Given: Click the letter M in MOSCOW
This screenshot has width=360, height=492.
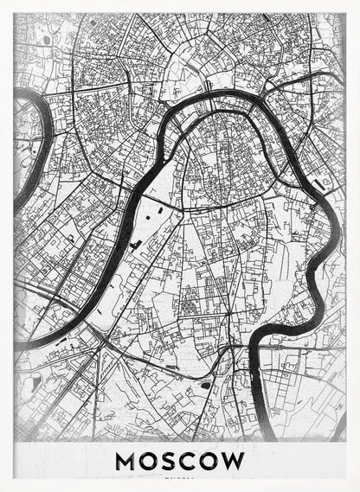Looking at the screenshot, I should coord(127,461).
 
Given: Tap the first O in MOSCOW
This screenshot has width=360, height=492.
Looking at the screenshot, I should coord(151,461).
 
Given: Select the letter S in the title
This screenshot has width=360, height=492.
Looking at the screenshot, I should coord(170,461).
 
